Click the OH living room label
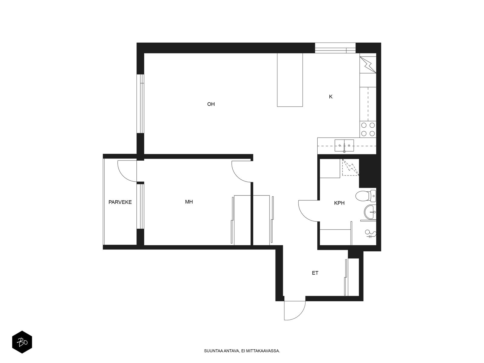211,104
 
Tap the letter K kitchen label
331,96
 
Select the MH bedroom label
189,202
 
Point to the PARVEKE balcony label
120,202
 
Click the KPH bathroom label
339,203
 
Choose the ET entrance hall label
315,273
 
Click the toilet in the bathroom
366,196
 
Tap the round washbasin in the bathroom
370,212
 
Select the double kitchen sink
344,146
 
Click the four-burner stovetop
368,129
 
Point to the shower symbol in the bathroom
371,234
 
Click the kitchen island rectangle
290,80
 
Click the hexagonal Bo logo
22,342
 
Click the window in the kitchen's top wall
335,48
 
